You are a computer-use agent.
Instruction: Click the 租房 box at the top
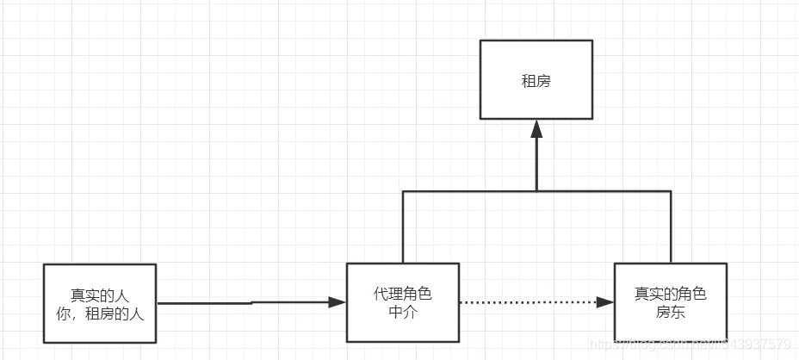[x=536, y=79]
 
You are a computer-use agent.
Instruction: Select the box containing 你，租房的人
[x=100, y=303]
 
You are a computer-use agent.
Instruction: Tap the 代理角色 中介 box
[x=403, y=302]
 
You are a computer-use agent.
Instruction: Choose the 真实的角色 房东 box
[x=670, y=302]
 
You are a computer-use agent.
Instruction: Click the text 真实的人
[x=100, y=295]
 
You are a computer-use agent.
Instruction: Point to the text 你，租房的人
[x=100, y=313]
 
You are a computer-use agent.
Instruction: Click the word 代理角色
[x=403, y=294]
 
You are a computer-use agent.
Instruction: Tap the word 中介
[x=403, y=312]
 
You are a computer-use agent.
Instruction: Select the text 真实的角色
[x=670, y=294]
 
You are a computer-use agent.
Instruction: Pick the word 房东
[x=670, y=312]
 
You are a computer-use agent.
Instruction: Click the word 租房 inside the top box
[x=536, y=81]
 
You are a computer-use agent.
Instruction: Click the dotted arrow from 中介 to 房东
[x=525, y=302]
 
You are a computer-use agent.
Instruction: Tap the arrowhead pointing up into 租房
[x=536, y=129]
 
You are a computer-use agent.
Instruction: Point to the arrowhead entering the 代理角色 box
[x=337, y=302]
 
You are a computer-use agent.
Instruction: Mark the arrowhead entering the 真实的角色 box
[x=605, y=302]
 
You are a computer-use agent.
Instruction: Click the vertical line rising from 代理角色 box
[x=403, y=227]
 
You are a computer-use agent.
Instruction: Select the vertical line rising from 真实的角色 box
[x=671, y=227]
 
